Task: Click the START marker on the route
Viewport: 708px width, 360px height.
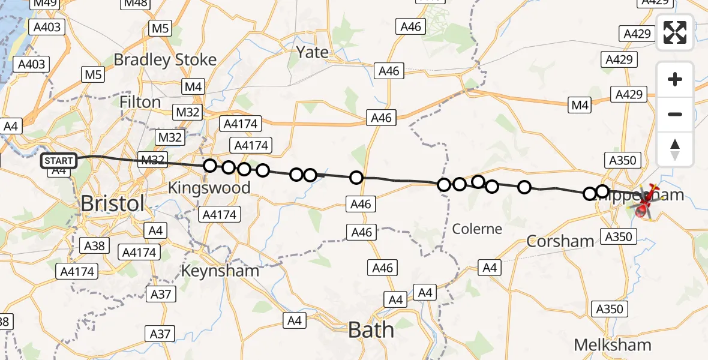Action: pyautogui.click(x=59, y=160)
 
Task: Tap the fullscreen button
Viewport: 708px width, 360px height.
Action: pyautogui.click(x=675, y=32)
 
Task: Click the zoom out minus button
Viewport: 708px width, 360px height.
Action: pyautogui.click(x=675, y=114)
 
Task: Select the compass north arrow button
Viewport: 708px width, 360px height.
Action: pyautogui.click(x=675, y=149)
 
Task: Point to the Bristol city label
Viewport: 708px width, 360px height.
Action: pyautogui.click(x=112, y=203)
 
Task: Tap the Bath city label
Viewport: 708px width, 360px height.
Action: pyautogui.click(x=371, y=329)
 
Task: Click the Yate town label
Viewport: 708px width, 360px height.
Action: pyautogui.click(x=313, y=53)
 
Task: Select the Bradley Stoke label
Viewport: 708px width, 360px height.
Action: pyautogui.click(x=165, y=60)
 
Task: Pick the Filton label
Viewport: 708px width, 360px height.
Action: pyautogui.click(x=140, y=102)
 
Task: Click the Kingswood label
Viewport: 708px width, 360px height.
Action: pyautogui.click(x=209, y=188)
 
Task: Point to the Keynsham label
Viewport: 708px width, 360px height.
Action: pyautogui.click(x=220, y=271)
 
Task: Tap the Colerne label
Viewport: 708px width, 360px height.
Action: pyautogui.click(x=478, y=229)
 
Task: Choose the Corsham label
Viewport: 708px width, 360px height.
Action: pyautogui.click(x=560, y=241)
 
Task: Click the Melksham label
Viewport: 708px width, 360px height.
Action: pyautogui.click(x=613, y=345)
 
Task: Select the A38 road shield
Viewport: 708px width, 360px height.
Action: pyautogui.click(x=94, y=245)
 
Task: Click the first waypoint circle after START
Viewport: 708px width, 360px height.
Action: pyautogui.click(x=209, y=166)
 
